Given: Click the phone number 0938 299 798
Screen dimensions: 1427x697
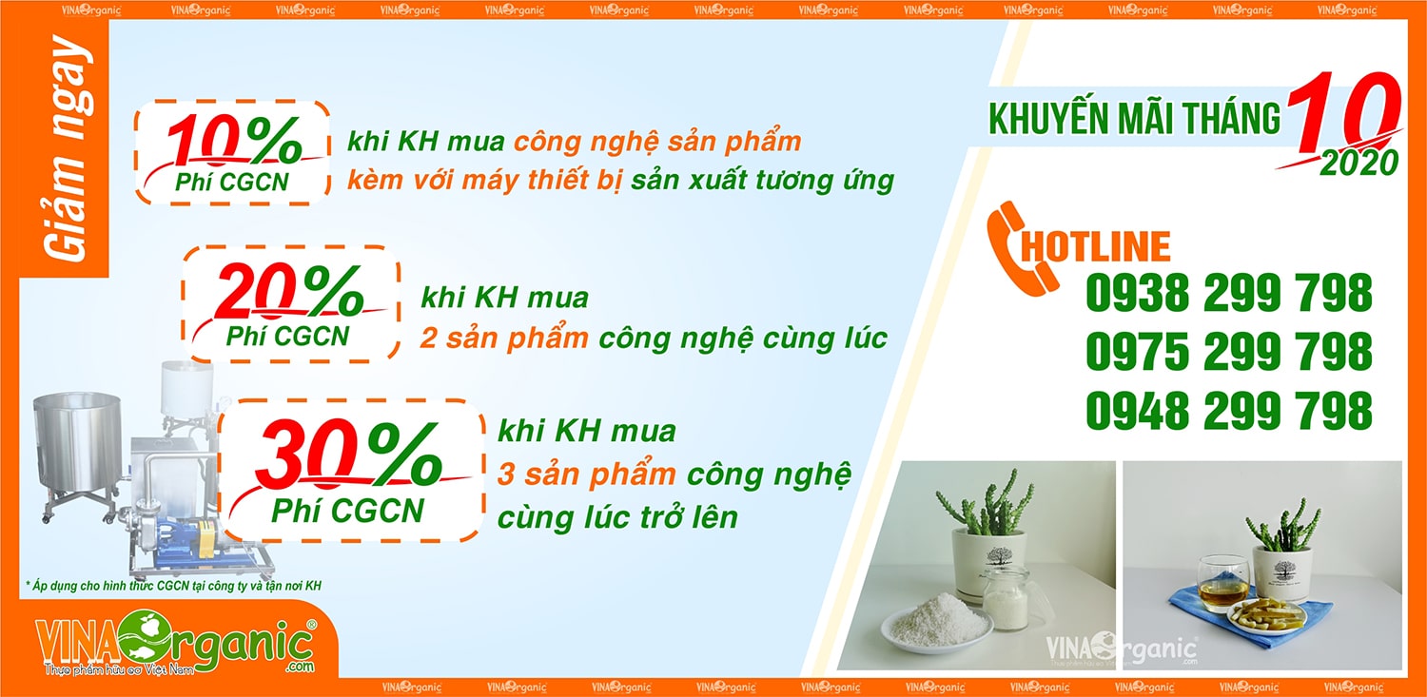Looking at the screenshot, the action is (x=1229, y=293).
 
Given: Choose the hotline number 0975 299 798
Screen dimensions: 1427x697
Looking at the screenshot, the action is (x=1229, y=351).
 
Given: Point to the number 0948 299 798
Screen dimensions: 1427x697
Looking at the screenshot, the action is (x=1229, y=410).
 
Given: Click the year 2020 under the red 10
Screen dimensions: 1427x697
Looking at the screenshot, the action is (x=1359, y=163).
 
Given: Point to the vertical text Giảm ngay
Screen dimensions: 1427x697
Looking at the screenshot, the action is (x=67, y=149).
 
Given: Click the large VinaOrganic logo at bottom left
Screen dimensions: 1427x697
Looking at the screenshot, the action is (x=176, y=643).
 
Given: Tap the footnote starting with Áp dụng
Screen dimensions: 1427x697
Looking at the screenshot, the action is (x=173, y=586).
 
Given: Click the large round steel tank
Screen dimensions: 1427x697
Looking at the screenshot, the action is (x=78, y=446).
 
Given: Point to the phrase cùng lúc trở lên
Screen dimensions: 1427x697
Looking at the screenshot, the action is (x=617, y=517).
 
